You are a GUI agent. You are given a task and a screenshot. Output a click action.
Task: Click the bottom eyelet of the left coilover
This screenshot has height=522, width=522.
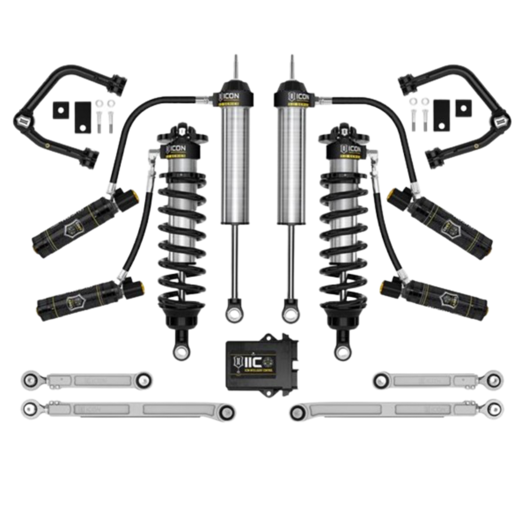[180, 349]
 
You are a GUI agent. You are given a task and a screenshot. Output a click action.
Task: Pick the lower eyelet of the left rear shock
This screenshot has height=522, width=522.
[231, 312]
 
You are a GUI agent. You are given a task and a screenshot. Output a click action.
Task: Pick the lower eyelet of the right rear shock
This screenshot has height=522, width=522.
[290, 312]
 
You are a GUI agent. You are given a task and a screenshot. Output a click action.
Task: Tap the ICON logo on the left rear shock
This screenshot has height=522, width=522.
[224, 98]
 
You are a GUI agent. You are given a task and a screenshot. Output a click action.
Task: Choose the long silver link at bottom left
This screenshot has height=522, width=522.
[126, 409]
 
